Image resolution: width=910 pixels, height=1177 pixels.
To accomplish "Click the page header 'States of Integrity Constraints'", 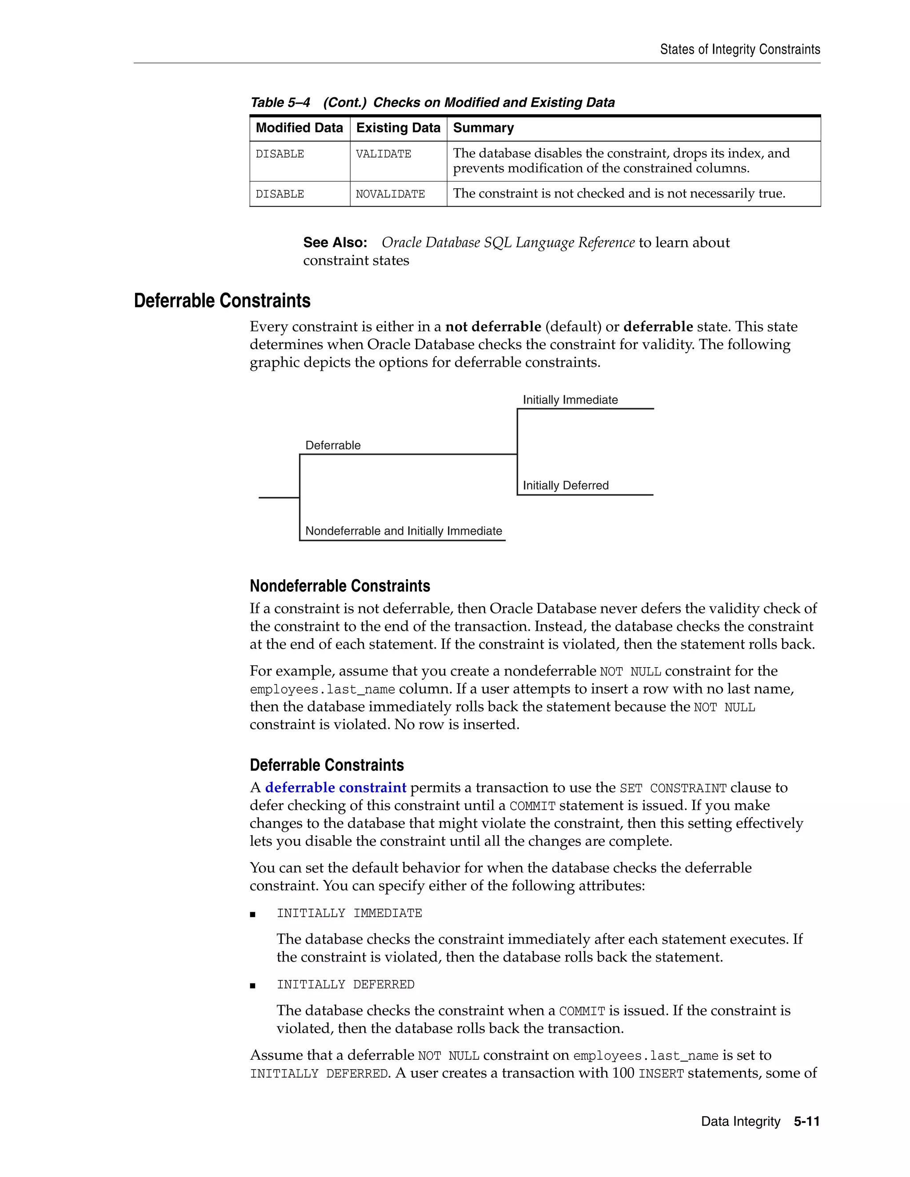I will point(740,50).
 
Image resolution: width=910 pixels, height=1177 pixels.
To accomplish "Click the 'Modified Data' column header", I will point(299,128).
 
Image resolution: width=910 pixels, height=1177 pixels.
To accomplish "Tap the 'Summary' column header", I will point(483,128).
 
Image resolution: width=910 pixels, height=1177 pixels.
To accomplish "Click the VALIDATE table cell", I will point(383,154).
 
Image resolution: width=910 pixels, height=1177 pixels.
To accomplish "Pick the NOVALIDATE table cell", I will point(390,194).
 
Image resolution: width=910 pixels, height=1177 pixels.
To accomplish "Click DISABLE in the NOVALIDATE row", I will point(280,194).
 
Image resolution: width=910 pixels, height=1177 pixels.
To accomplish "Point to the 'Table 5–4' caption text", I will point(280,103).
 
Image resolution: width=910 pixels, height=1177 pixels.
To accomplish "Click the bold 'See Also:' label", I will point(335,243).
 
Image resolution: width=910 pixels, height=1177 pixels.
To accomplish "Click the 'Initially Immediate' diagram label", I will point(570,400).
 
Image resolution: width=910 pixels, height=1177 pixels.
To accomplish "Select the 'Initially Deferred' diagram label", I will point(566,485).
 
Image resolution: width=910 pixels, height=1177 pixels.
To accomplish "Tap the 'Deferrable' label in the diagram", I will point(333,445).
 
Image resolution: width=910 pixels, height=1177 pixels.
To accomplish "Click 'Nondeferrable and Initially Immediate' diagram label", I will point(403,531).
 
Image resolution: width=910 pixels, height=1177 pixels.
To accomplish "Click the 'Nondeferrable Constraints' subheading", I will point(339,586).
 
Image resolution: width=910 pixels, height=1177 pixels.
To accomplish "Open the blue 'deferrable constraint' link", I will point(335,787).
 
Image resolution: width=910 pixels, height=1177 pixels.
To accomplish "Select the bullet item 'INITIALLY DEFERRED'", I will point(345,984).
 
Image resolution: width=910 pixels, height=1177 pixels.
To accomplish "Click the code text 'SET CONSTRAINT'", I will point(673,788).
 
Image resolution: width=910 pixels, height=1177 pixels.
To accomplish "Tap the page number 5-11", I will point(806,1121).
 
